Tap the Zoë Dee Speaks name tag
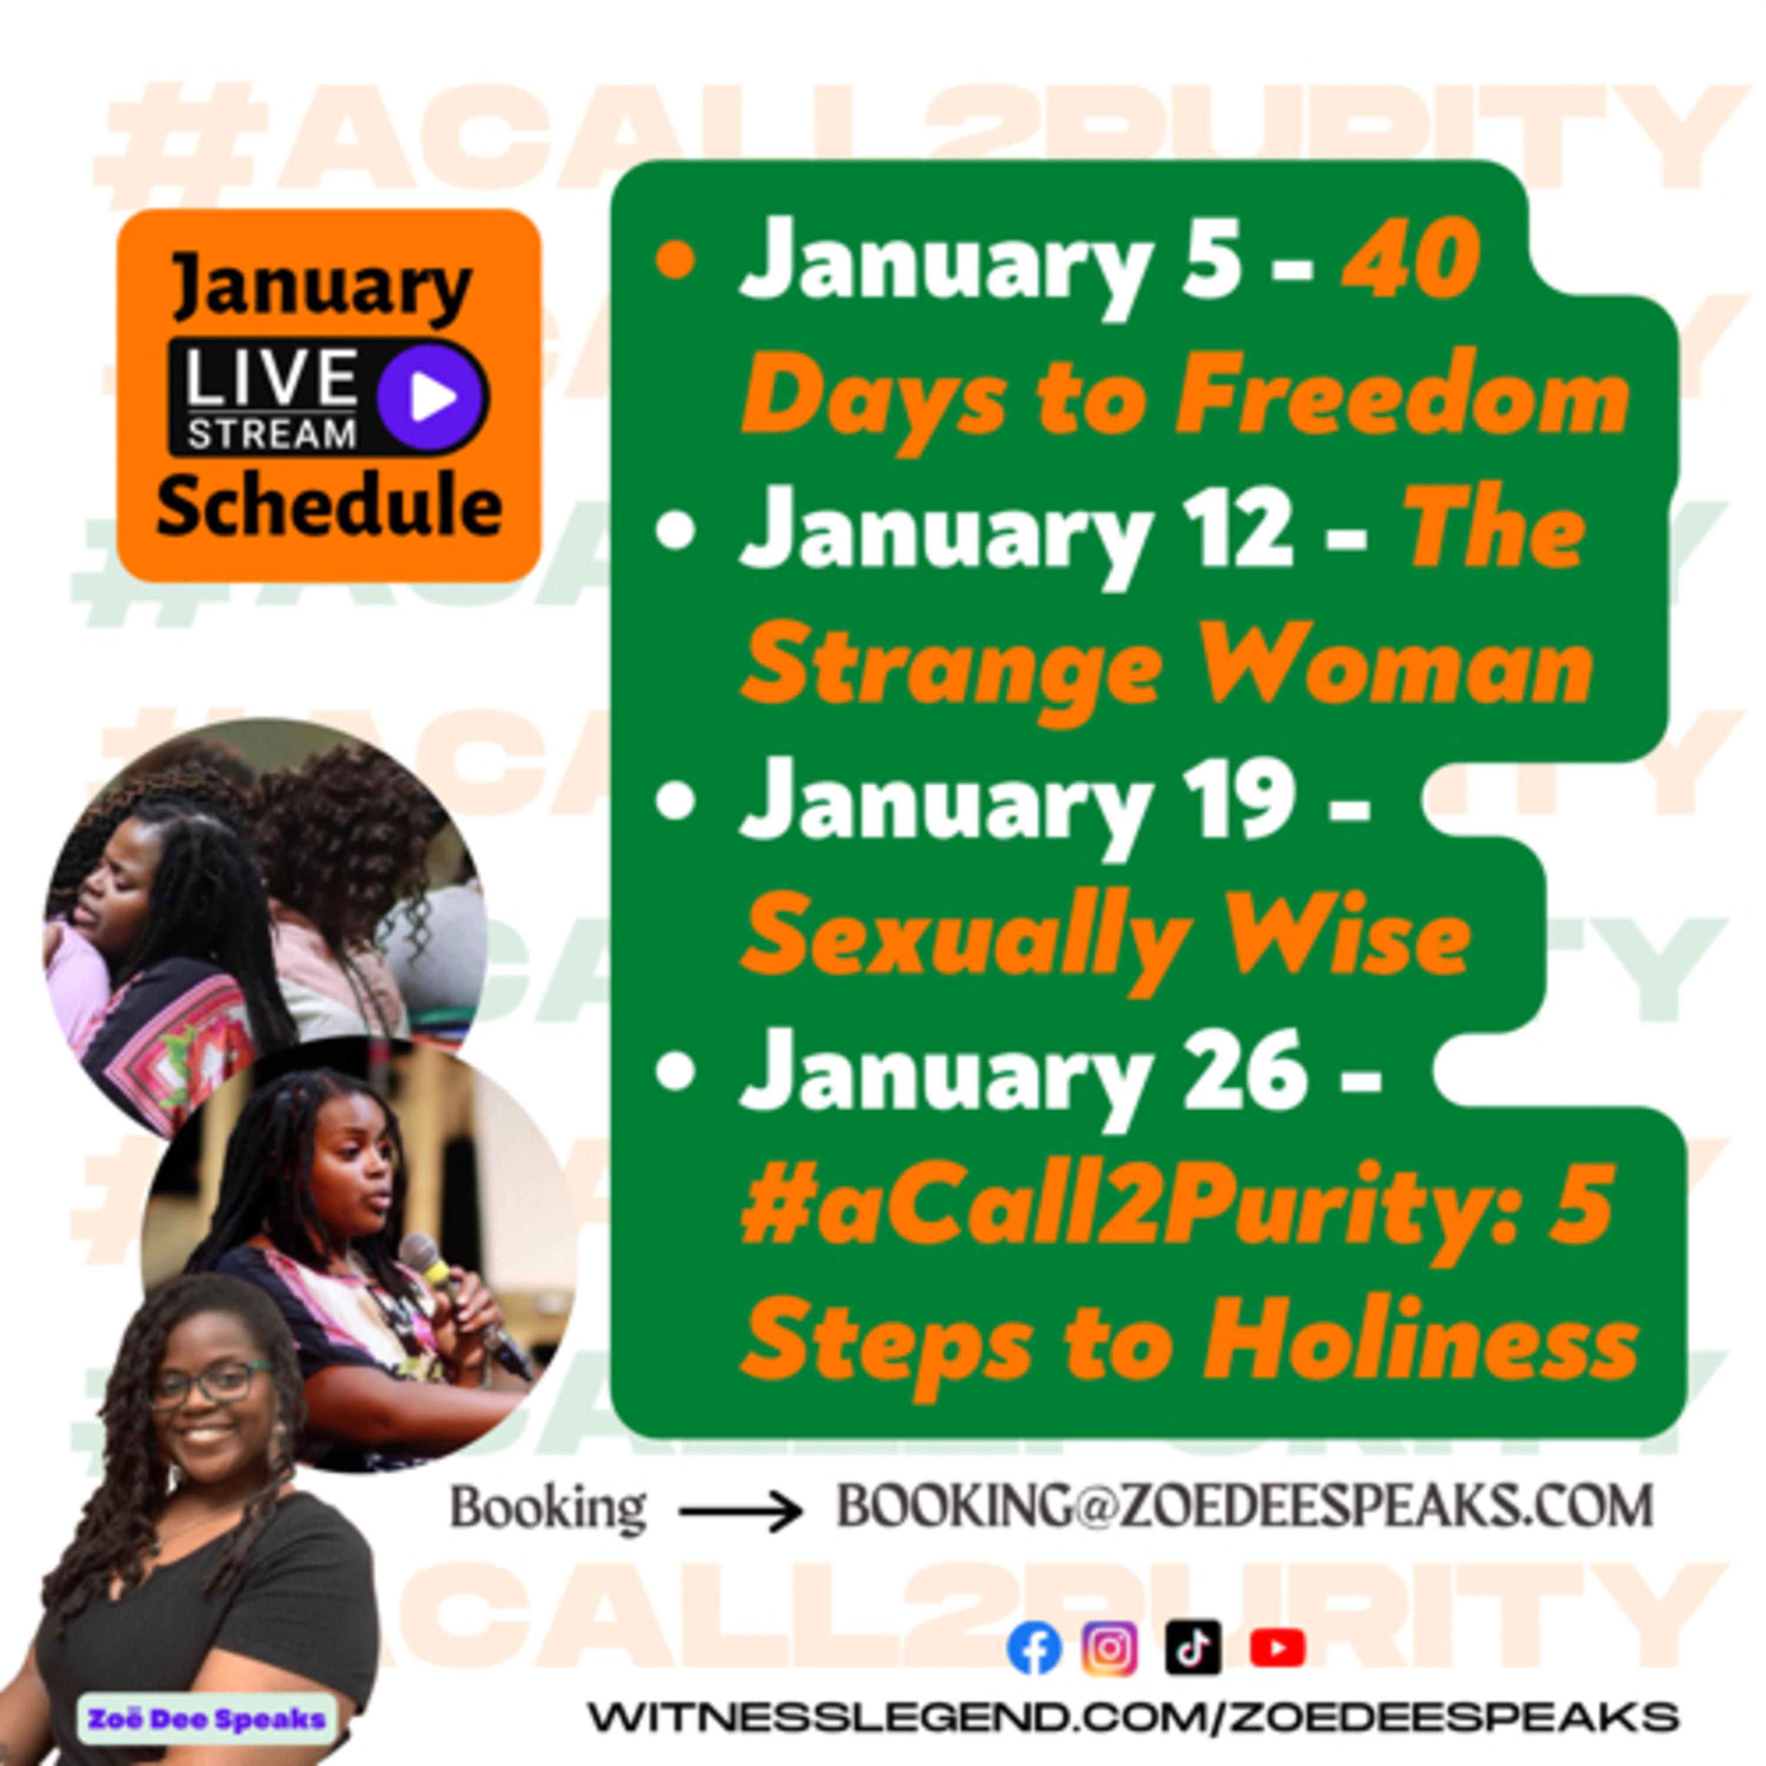tap(207, 1718)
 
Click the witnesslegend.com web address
tap(1133, 1717)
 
